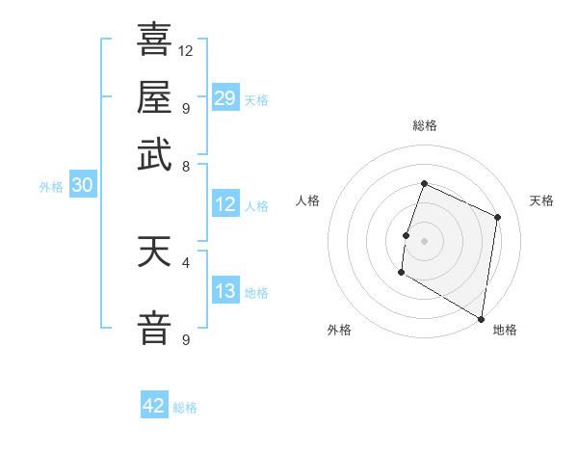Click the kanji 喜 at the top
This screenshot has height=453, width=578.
(154, 40)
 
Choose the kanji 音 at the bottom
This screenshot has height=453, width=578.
(154, 326)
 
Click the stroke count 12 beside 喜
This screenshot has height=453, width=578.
(186, 50)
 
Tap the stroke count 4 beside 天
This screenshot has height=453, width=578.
(186, 261)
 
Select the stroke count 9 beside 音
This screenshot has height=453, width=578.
(186, 339)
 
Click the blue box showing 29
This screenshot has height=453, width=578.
(225, 97)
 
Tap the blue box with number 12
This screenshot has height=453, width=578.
(225, 204)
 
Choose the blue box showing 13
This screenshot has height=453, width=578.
(225, 292)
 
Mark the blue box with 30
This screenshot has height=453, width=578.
(81, 186)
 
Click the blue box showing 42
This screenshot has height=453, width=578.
(154, 406)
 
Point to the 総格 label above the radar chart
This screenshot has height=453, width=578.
(424, 125)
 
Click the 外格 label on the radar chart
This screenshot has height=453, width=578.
(339, 330)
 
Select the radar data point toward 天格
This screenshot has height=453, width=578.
(498, 217)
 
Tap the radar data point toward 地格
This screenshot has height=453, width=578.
(481, 318)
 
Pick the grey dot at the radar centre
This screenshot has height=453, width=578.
(424, 239)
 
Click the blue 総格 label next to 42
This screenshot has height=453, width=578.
(185, 408)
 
